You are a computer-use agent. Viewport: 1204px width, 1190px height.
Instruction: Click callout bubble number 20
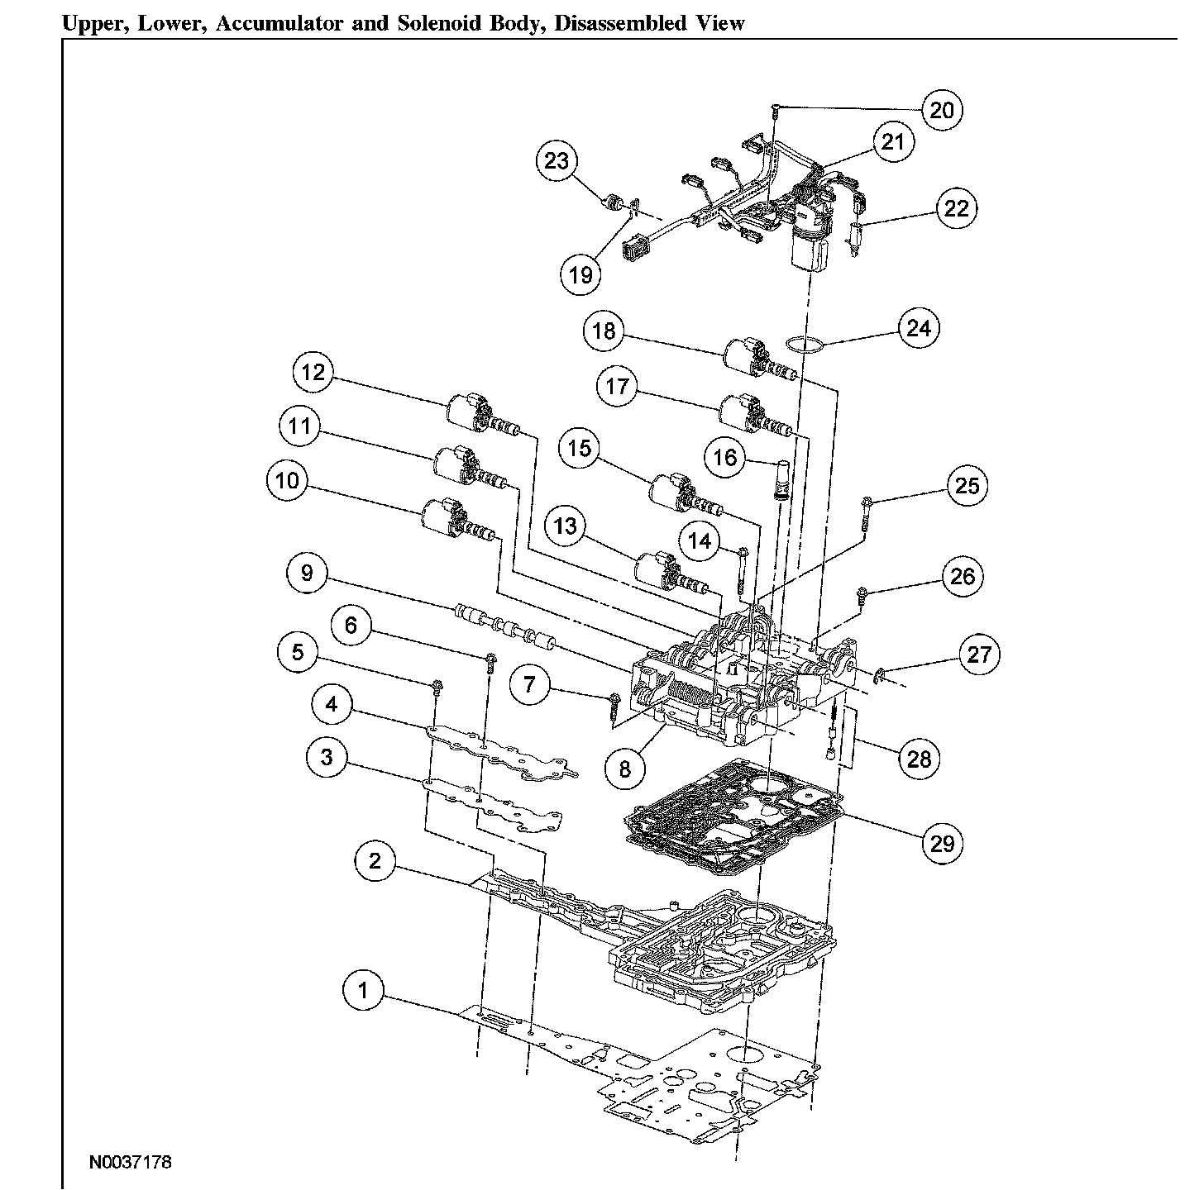(942, 109)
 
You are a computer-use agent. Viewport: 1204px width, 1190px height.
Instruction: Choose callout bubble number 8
(624, 769)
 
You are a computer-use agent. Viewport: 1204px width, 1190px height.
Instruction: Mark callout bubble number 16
(725, 457)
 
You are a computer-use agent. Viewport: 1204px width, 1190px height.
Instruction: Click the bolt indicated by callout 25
(866, 511)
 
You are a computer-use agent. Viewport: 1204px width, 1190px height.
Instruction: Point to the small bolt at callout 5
(437, 685)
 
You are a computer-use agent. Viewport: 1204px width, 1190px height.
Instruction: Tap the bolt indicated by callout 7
(614, 704)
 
